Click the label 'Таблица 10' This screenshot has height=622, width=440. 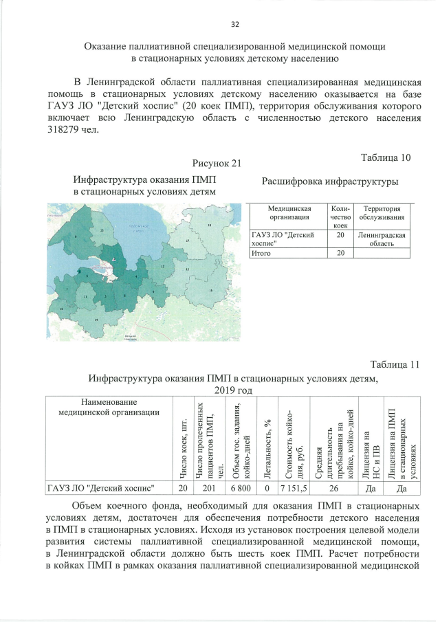click(386, 157)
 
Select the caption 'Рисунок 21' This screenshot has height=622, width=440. click(218, 163)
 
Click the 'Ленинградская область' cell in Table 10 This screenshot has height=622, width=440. click(382, 238)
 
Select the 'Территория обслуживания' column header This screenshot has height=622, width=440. click(382, 213)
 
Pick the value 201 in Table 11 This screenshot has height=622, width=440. click(204, 488)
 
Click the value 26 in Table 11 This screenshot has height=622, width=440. click(333, 488)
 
